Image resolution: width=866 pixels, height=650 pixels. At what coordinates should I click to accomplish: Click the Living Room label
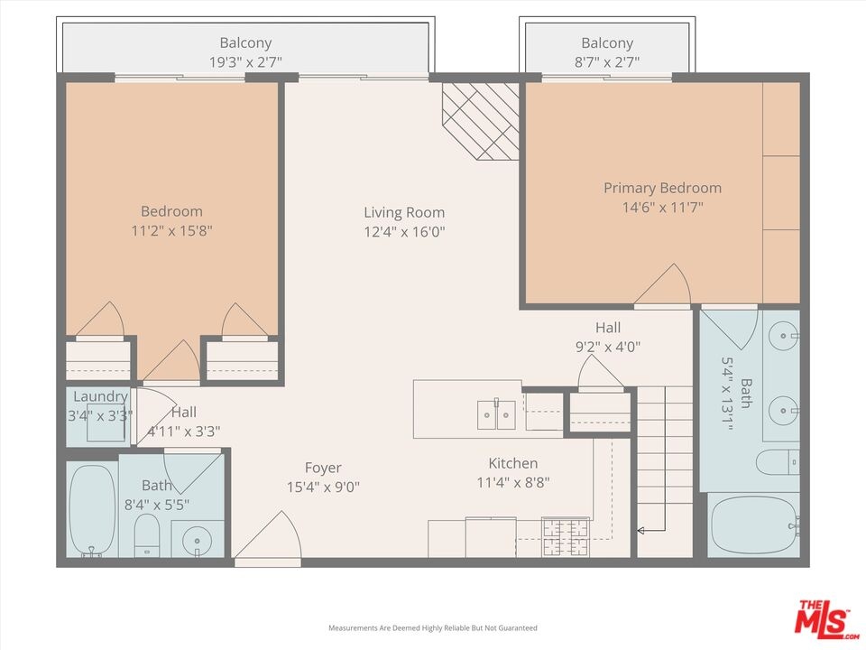404,213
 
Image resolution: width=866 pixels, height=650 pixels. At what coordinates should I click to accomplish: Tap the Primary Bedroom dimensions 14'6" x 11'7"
663,208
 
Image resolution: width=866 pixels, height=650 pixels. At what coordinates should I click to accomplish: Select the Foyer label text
323,469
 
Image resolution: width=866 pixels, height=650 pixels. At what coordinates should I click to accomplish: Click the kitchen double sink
496,414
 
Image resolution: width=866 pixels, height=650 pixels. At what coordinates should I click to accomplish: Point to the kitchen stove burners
566,536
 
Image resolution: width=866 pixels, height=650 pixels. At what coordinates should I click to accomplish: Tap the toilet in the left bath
147,535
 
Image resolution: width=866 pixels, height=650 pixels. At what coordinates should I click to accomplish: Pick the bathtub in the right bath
754,525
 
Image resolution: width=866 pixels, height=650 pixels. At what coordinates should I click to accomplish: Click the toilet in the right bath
778,462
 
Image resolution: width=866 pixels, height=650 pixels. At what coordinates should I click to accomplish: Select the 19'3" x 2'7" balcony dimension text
245,62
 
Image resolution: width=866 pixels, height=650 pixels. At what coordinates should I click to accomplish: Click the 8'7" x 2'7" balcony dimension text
607,62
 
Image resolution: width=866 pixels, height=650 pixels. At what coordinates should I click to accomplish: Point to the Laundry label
100,396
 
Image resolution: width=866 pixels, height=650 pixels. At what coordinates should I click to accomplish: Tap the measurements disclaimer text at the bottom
432,628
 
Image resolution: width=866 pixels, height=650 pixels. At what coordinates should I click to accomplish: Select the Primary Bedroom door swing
663,284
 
